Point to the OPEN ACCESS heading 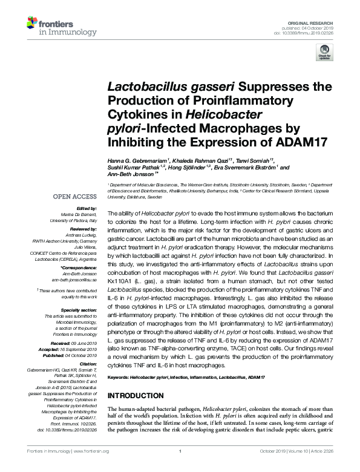pos(74,197)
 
